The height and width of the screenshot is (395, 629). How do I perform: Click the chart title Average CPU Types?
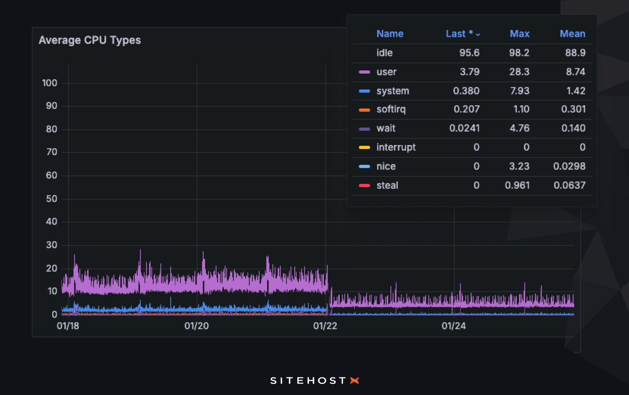[x=89, y=40]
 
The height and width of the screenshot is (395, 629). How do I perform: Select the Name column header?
[x=390, y=34]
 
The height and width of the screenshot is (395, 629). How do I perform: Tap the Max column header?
[x=519, y=34]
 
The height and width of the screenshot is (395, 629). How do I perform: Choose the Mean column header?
[x=572, y=34]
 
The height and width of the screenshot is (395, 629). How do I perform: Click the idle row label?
[x=384, y=53]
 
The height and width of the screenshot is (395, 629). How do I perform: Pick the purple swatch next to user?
[x=364, y=72]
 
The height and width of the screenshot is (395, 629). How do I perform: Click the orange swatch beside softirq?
[x=364, y=110]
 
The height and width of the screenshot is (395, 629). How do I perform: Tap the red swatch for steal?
[x=364, y=186]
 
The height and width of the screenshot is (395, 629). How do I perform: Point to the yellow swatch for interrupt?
[x=364, y=148]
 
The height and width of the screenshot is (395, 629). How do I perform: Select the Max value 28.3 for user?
[x=519, y=72]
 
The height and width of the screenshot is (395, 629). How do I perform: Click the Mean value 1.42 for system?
[x=576, y=91]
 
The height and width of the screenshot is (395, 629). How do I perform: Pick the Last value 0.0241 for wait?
[x=464, y=128]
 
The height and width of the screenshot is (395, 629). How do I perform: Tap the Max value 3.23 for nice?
[x=519, y=166]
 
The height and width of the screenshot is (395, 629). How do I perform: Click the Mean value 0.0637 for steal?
[x=569, y=185]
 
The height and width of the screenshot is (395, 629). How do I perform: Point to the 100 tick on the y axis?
[x=49, y=83]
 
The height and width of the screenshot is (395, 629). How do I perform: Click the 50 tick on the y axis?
[x=52, y=199]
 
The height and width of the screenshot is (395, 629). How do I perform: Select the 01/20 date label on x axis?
[x=197, y=326]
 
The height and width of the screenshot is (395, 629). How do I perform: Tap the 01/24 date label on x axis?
[x=454, y=326]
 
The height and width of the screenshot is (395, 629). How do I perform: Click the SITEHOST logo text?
[x=308, y=381]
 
